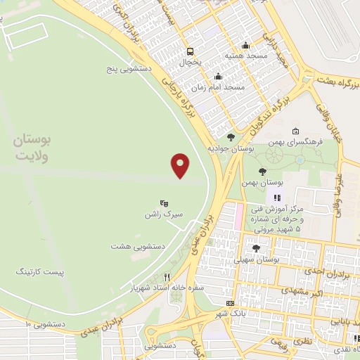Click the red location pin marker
[x=181, y=165]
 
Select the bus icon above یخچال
[x=190, y=51]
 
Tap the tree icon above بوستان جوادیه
[x=231, y=137]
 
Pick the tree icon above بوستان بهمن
[x=262, y=171]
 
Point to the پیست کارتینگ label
[x=40, y=270]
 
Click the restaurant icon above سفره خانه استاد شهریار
[x=167, y=276]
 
